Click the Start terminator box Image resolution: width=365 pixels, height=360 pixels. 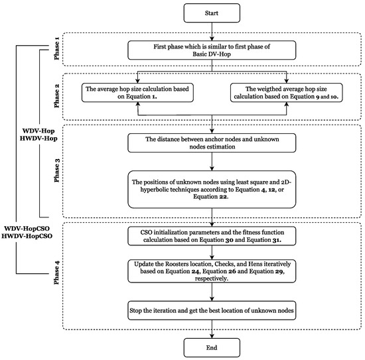tap(211, 11)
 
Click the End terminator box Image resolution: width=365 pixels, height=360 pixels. tap(211, 347)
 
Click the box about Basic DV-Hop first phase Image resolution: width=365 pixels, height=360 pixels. tap(211, 49)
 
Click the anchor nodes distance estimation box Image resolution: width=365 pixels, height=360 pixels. tap(211, 142)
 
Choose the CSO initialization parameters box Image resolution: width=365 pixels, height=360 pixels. tap(211, 236)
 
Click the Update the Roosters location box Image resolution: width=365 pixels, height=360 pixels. tap(211, 271)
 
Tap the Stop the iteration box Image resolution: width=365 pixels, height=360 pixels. tap(211, 310)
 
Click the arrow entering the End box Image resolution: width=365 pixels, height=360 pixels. tap(211, 330)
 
